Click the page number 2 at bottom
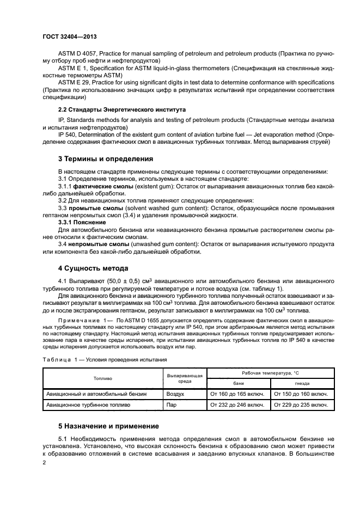click(45, 463)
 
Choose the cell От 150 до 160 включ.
click(300, 393)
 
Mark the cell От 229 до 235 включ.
click(300, 405)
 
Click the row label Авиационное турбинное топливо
click(88, 405)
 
